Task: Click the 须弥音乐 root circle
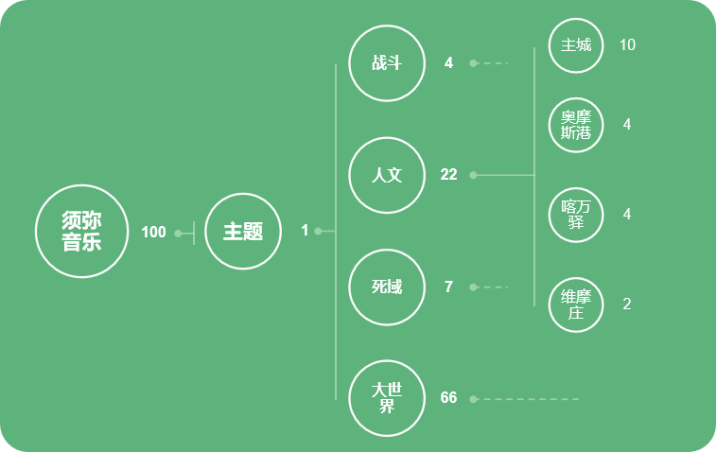(x=81, y=232)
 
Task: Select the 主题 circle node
(x=243, y=232)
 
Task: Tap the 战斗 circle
(x=387, y=63)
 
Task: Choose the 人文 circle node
(x=387, y=175)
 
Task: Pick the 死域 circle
(x=387, y=287)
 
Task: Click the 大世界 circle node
(x=387, y=398)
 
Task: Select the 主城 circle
(x=576, y=45)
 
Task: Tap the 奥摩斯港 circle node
(x=576, y=125)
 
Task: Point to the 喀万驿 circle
(x=576, y=215)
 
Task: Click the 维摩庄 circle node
(x=576, y=304)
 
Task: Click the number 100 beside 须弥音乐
(x=153, y=233)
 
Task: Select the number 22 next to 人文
(x=448, y=175)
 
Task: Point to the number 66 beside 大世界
(x=448, y=398)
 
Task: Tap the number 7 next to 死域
(x=448, y=287)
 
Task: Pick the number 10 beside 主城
(x=627, y=45)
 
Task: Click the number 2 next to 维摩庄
(x=627, y=304)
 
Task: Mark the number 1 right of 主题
(x=305, y=231)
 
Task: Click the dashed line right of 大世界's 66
(x=530, y=399)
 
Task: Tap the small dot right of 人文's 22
(x=473, y=175)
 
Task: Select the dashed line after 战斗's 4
(x=492, y=63)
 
